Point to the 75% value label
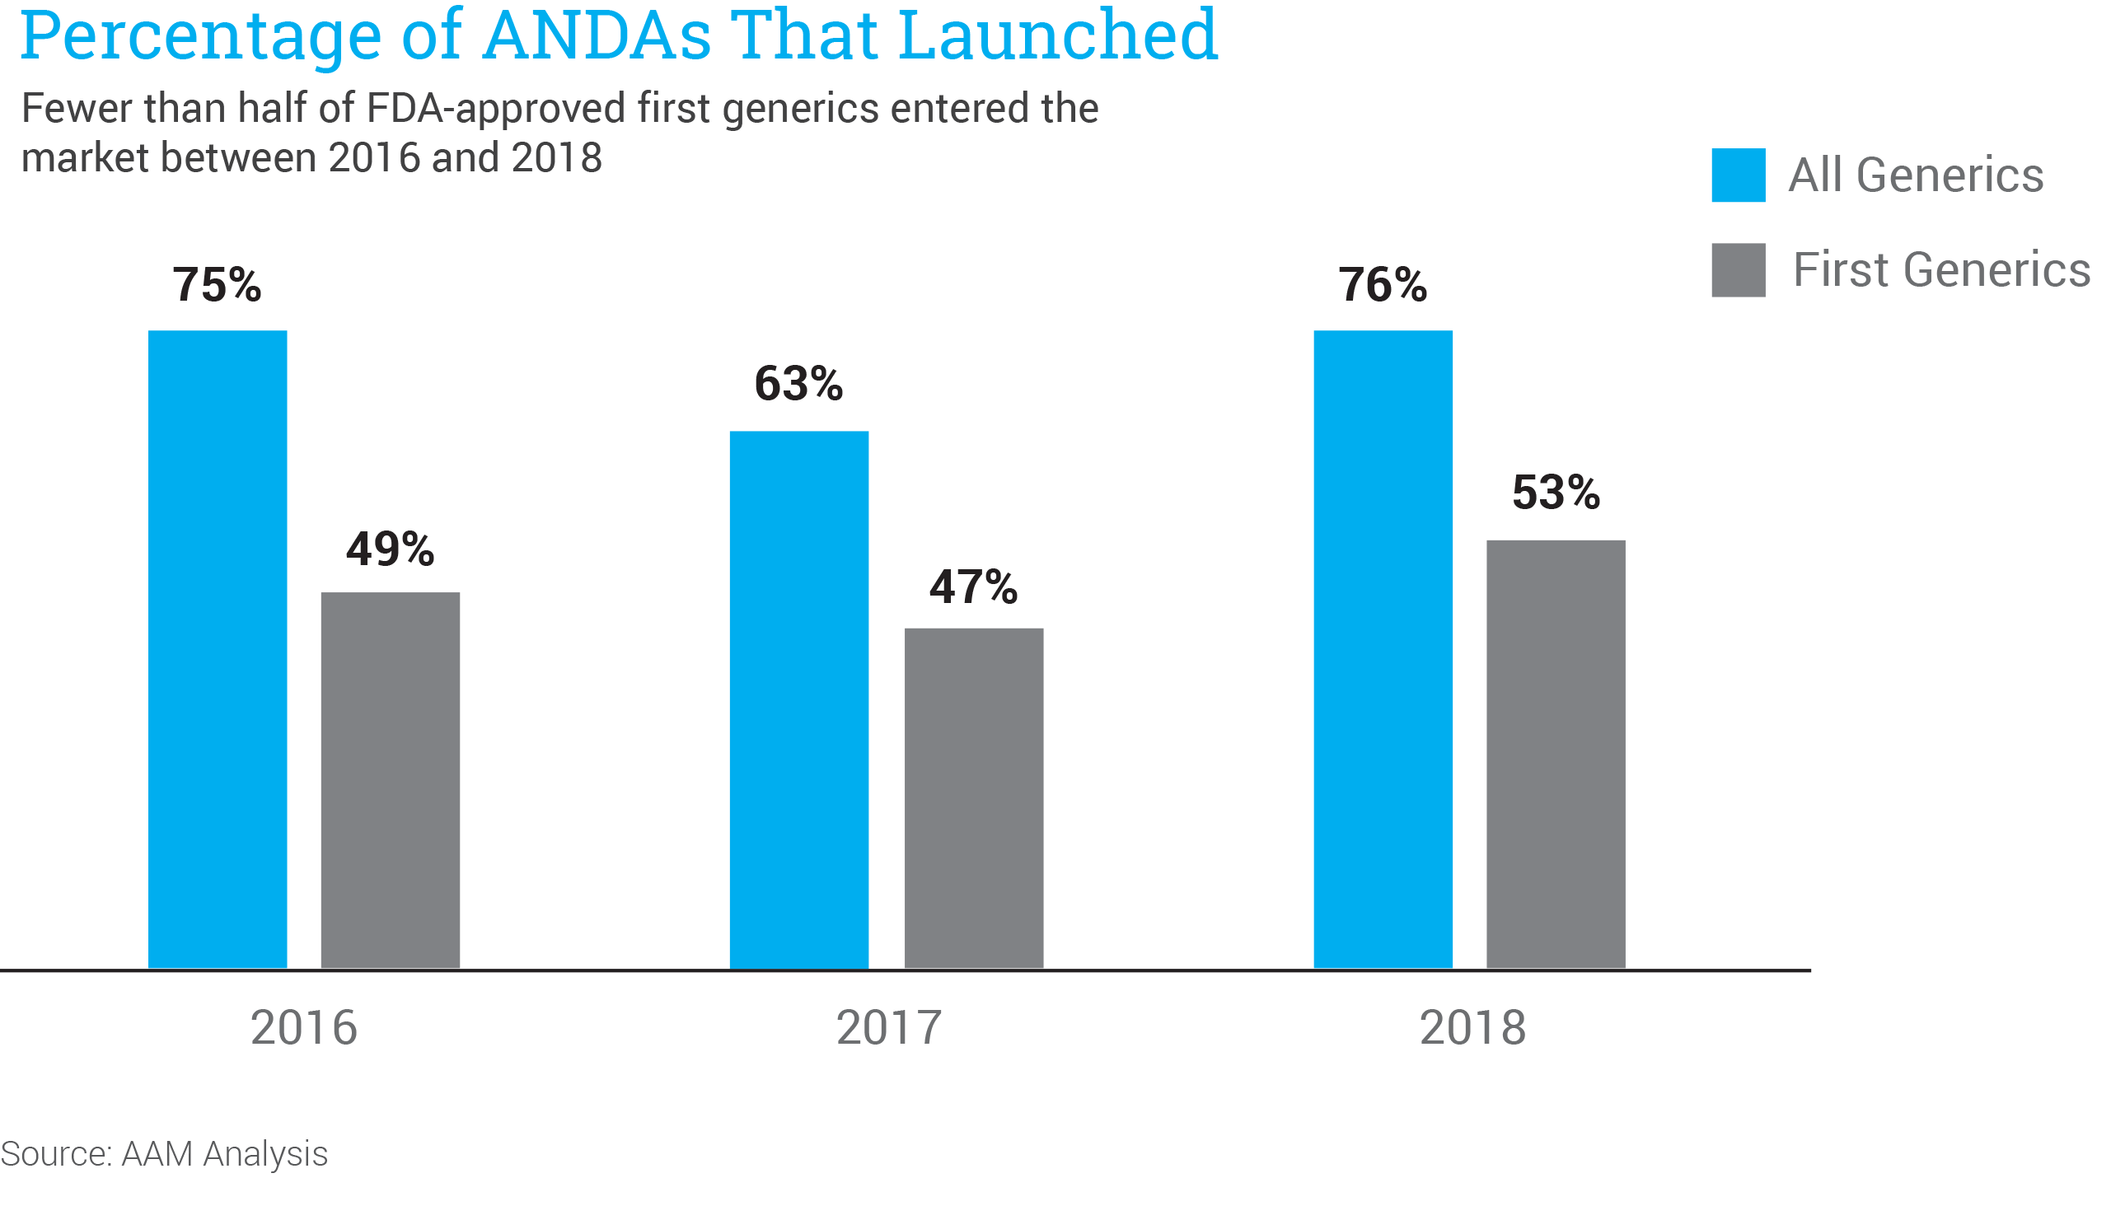217,285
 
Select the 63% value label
798,384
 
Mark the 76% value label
1383,285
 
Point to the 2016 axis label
304,1028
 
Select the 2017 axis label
889,1028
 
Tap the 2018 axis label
1472,1028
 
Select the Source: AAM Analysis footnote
164,1154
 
